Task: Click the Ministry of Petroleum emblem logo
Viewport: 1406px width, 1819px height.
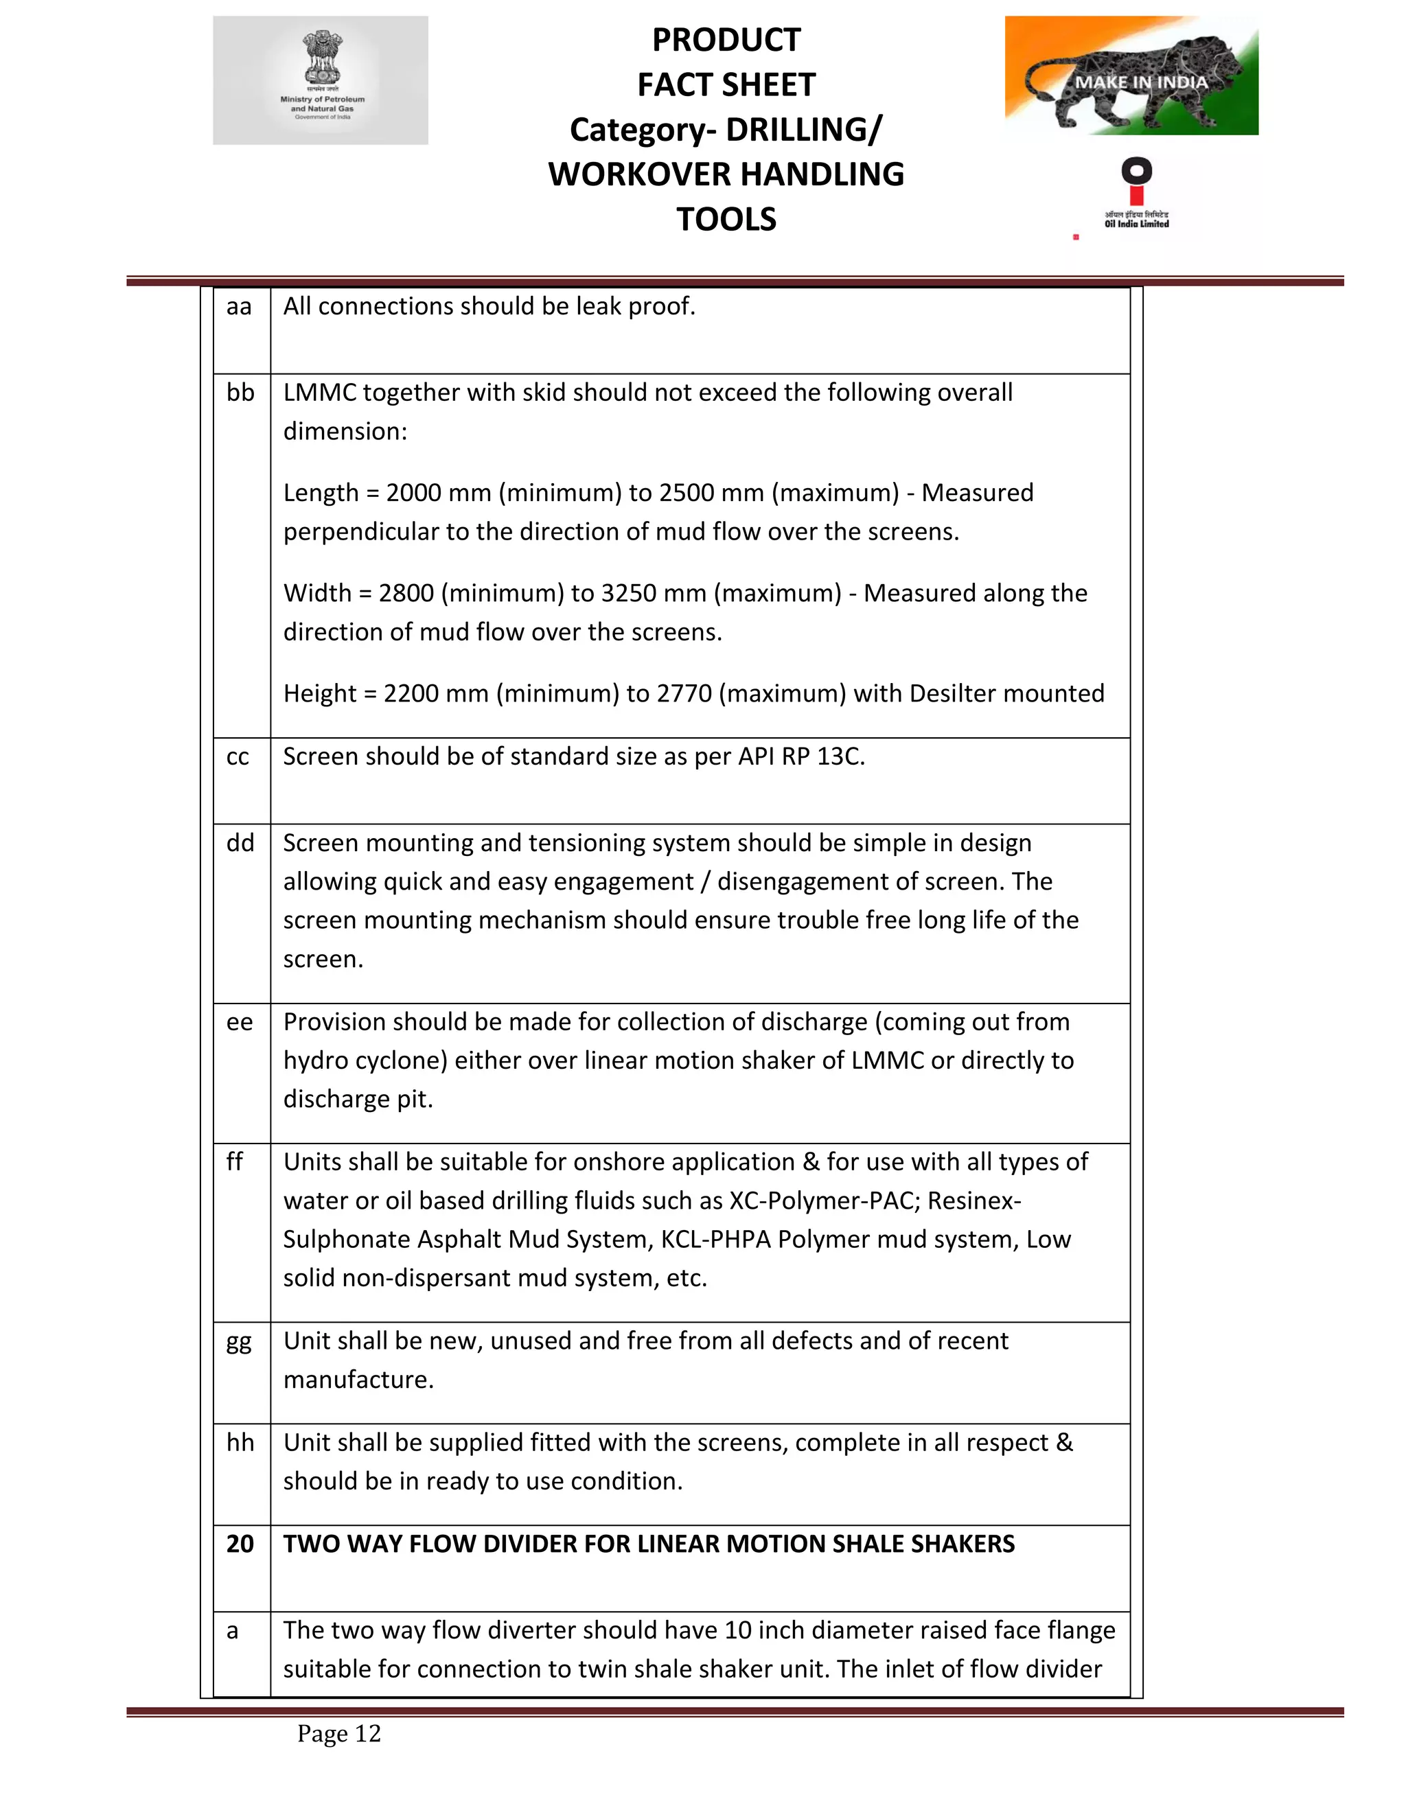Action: click(x=321, y=80)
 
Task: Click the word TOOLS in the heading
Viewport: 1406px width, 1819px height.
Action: click(x=726, y=219)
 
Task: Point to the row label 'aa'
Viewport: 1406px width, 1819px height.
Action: click(x=239, y=307)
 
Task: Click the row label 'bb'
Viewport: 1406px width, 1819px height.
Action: click(x=240, y=392)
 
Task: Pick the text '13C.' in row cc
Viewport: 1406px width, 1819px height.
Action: click(x=840, y=756)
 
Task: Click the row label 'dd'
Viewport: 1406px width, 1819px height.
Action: click(x=240, y=843)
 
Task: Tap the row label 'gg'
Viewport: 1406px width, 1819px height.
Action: click(x=239, y=1343)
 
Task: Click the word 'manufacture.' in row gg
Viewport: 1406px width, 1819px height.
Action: click(x=358, y=1380)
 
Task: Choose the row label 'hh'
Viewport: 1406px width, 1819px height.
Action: click(x=240, y=1443)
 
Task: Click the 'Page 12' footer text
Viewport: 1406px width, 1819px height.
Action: click(x=339, y=1733)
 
